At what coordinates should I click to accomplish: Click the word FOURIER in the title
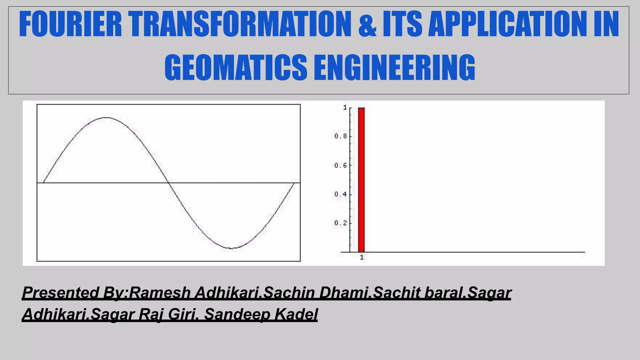(x=70, y=24)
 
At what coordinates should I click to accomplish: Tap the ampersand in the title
(x=367, y=24)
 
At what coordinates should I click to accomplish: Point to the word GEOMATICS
(x=236, y=67)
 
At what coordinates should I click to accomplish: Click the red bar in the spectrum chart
(x=361, y=180)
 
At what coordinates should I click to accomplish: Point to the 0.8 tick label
(x=340, y=136)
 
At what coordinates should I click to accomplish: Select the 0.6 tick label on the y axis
(x=340, y=165)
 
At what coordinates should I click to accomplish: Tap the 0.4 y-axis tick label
(x=340, y=194)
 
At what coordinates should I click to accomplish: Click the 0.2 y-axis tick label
(x=340, y=223)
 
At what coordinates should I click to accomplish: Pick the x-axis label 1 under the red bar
(x=362, y=257)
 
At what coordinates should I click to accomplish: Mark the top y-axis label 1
(x=345, y=107)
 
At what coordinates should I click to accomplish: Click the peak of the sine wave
(x=107, y=118)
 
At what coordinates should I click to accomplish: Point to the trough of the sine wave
(x=231, y=248)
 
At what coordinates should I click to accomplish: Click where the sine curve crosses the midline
(x=169, y=182)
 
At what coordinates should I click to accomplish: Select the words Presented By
(x=74, y=293)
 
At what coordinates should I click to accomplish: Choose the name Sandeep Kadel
(x=261, y=314)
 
